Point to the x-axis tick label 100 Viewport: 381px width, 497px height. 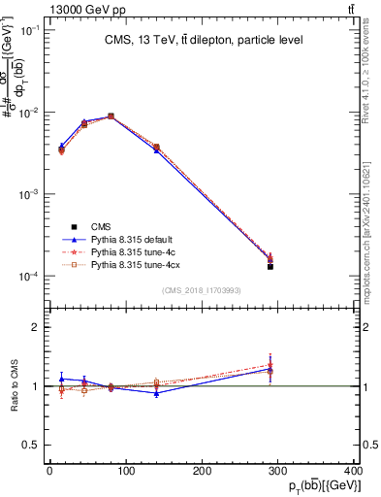click(x=126, y=471)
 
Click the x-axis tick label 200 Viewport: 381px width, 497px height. click(x=203, y=471)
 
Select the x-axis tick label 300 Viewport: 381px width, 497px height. click(x=279, y=471)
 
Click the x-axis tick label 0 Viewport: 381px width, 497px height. click(x=49, y=471)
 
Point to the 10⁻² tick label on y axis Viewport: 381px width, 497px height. click(x=31, y=113)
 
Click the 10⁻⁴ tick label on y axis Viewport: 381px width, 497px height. click(x=31, y=277)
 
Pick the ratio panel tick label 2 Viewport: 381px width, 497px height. click(x=37, y=327)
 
